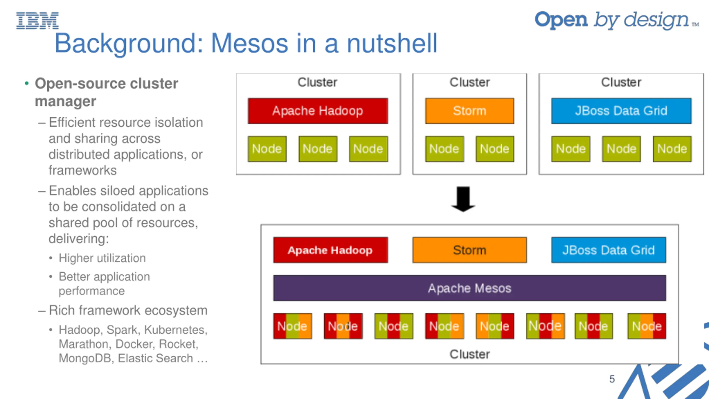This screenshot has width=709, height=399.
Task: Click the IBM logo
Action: click(x=37, y=21)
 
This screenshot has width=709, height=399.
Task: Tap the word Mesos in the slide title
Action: click(x=249, y=44)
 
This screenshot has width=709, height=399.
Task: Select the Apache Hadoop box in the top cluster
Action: click(x=318, y=111)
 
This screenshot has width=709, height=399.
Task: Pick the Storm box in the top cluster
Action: click(x=469, y=111)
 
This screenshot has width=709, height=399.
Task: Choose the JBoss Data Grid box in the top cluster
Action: click(x=621, y=111)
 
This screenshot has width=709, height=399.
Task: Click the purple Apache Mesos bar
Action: click(x=469, y=288)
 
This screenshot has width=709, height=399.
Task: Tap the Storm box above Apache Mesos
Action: click(x=469, y=250)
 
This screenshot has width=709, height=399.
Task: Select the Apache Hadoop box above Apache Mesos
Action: click(x=330, y=250)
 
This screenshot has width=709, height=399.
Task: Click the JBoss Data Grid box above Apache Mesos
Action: click(x=608, y=250)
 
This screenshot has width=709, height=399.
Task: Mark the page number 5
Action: click(x=612, y=379)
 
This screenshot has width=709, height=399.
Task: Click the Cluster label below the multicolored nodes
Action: click(x=469, y=354)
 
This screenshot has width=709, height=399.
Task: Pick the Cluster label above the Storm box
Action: click(x=469, y=82)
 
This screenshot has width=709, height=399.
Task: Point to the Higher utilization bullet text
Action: click(x=102, y=258)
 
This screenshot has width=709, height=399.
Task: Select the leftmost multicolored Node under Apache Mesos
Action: click(x=292, y=326)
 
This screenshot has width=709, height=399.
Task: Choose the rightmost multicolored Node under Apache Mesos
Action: click(x=647, y=326)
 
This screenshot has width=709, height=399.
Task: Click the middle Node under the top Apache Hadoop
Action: click(x=318, y=149)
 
